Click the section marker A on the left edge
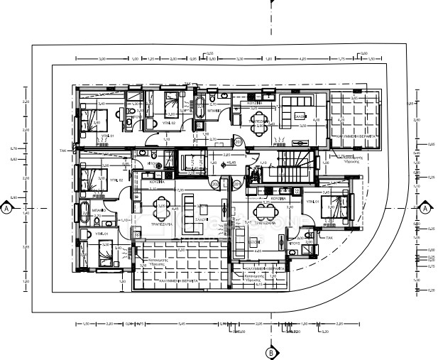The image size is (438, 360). [x=6, y=209]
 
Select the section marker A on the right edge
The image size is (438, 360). [x=425, y=209]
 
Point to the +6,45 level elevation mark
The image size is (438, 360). [x=231, y=163]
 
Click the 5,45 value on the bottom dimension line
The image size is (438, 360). [x=182, y=324]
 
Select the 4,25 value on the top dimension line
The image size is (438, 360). [x=302, y=60]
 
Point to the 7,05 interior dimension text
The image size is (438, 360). [x=180, y=190]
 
